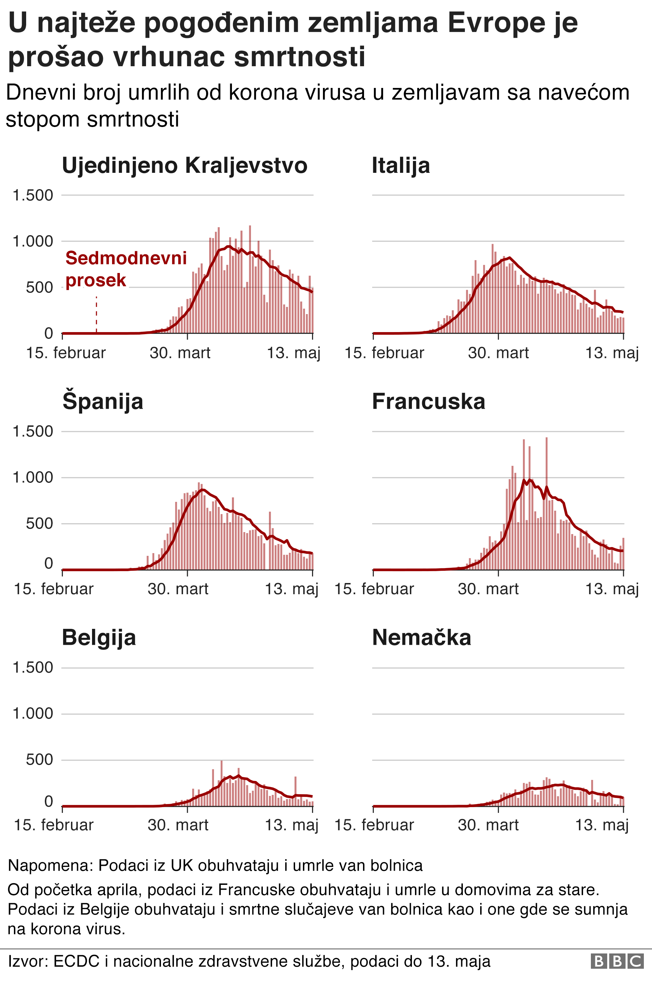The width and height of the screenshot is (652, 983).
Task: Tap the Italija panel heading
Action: (400, 165)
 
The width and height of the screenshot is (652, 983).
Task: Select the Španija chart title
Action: (103, 401)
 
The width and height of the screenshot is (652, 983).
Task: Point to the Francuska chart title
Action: (428, 401)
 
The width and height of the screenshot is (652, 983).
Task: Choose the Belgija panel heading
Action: (99, 638)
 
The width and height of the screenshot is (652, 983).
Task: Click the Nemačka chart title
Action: (421, 638)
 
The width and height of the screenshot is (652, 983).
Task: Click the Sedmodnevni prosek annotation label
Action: (126, 269)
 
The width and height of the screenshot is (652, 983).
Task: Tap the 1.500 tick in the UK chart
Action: (33, 195)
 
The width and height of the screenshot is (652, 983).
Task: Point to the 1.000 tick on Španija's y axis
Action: (33, 477)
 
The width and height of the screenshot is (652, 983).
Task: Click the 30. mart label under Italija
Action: (498, 353)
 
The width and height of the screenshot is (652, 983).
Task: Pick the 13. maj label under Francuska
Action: (612, 589)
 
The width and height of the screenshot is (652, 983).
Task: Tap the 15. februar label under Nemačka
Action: (374, 825)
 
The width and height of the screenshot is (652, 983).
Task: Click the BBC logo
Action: (617, 961)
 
